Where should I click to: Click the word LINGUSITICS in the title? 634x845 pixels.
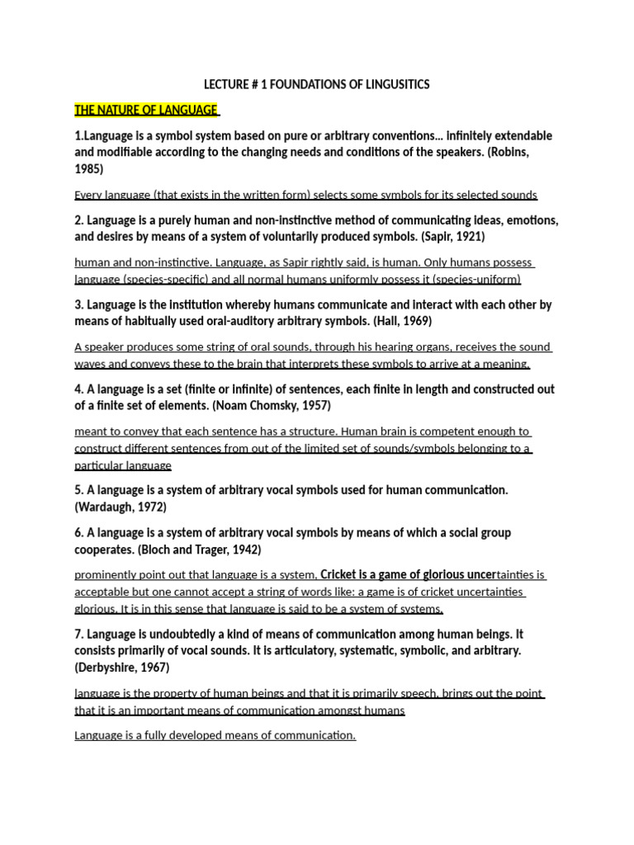(395, 84)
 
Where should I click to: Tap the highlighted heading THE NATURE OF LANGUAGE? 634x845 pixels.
(145, 110)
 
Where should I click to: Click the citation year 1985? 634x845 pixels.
(89, 168)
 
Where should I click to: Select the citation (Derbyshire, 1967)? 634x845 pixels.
(122, 667)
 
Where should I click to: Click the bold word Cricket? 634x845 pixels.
(342, 574)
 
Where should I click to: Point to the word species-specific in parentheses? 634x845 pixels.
(175, 279)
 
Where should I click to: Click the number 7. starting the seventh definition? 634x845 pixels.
(79, 634)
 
